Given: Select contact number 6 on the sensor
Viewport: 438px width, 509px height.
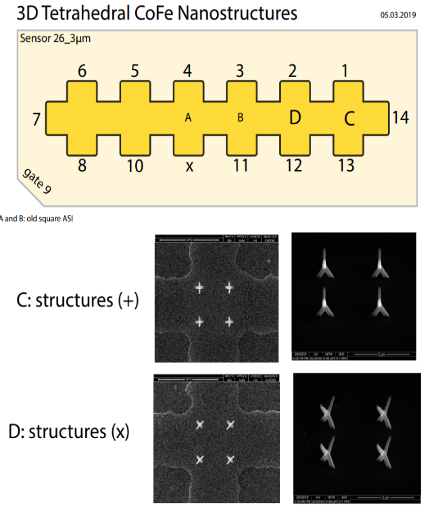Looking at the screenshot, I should pyautogui.click(x=82, y=72).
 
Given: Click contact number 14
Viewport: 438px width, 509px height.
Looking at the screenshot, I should pyautogui.click(x=400, y=117).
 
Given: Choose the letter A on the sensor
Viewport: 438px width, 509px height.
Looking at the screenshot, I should pyautogui.click(x=189, y=118).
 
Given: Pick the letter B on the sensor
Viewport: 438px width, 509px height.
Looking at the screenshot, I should pyautogui.click(x=240, y=118).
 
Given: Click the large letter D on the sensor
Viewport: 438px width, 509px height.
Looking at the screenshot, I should pyautogui.click(x=294, y=118).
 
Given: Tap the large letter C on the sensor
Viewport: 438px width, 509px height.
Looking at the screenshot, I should pyautogui.click(x=349, y=119).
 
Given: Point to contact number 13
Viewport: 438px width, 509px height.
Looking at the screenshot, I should pyautogui.click(x=346, y=165).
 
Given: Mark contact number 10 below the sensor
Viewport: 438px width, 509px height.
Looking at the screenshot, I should pyautogui.click(x=135, y=165).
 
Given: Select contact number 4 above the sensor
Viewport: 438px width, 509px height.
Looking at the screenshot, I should pyautogui.click(x=187, y=72).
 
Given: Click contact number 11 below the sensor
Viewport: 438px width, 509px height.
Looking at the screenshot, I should pyautogui.click(x=240, y=165).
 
